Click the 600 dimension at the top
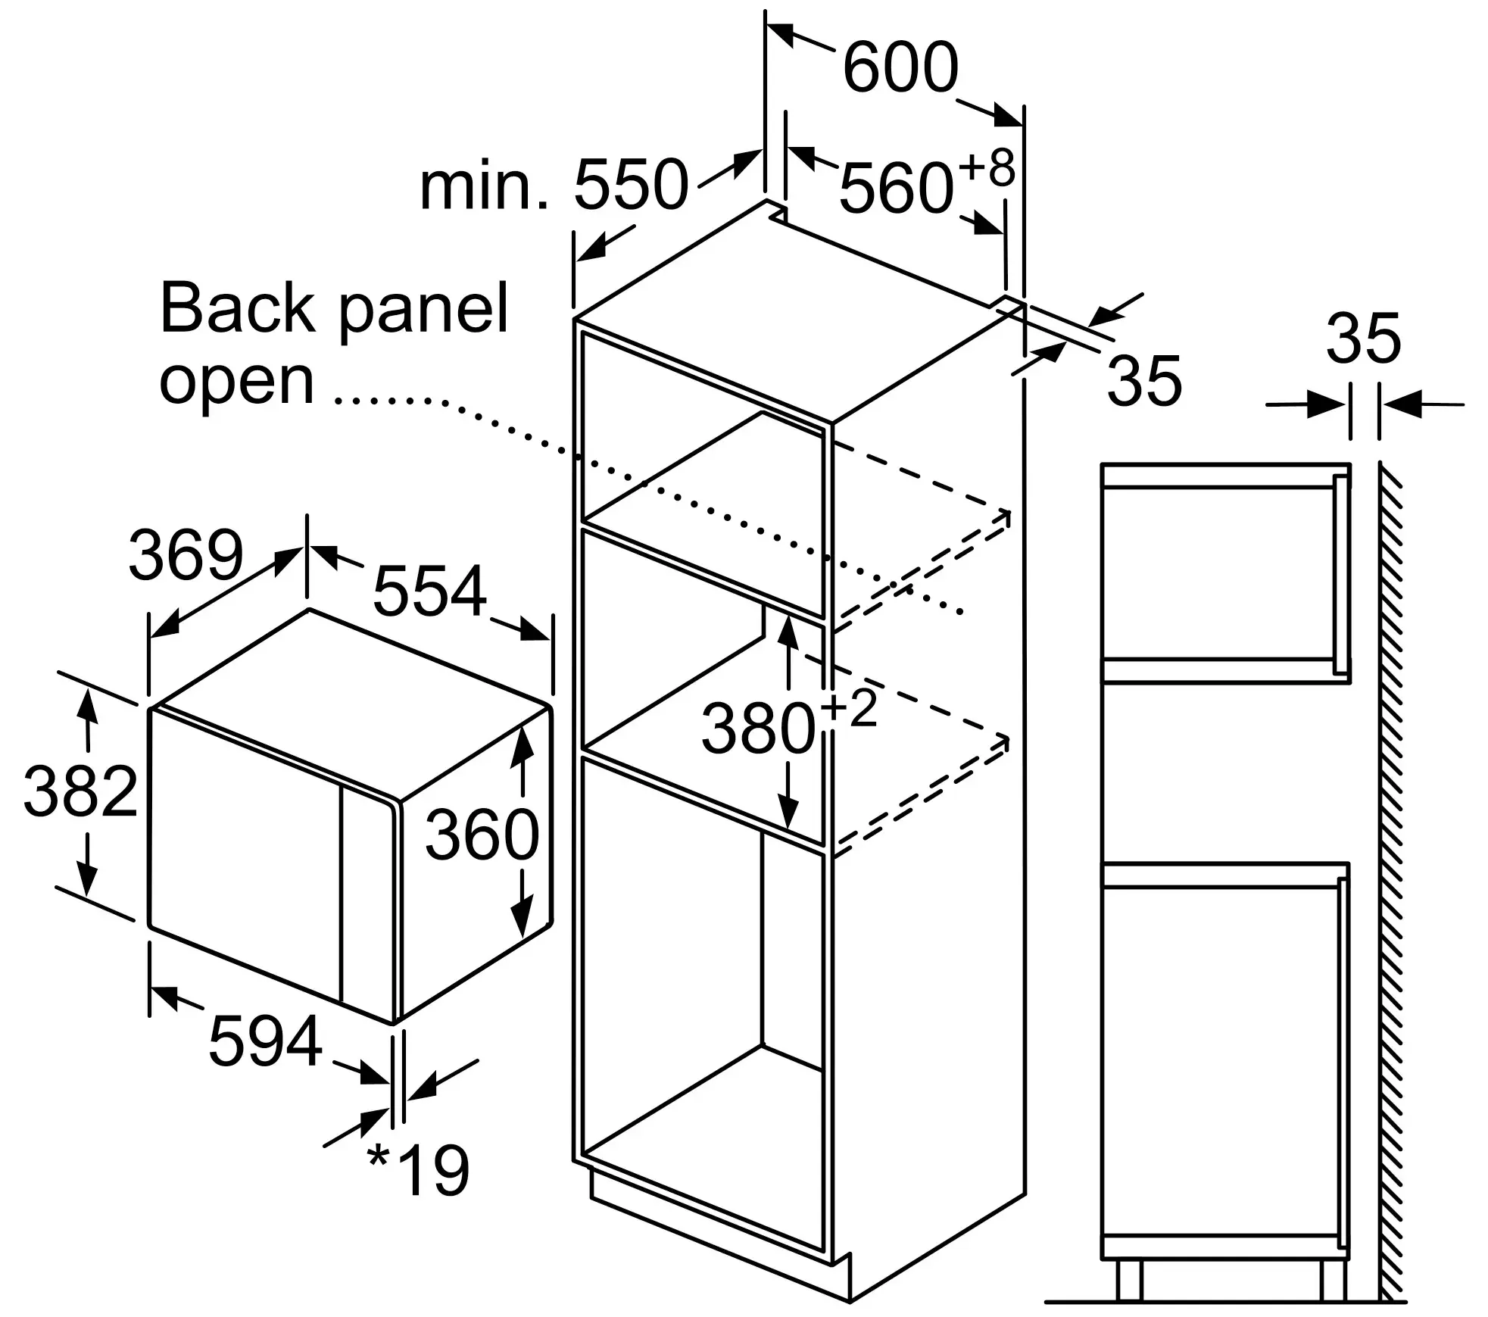click(x=900, y=68)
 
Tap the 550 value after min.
click(x=631, y=185)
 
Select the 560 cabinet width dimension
click(x=895, y=188)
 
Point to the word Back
click(x=237, y=308)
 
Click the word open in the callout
click(x=236, y=381)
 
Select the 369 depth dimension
click(x=186, y=555)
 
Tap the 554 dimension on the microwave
click(x=429, y=591)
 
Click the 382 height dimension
click(x=80, y=791)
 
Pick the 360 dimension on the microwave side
click(x=482, y=835)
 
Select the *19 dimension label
click(x=419, y=1171)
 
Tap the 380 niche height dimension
click(x=758, y=729)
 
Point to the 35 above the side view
click(x=1363, y=339)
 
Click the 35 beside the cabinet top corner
click(x=1143, y=381)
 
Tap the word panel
click(x=423, y=308)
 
